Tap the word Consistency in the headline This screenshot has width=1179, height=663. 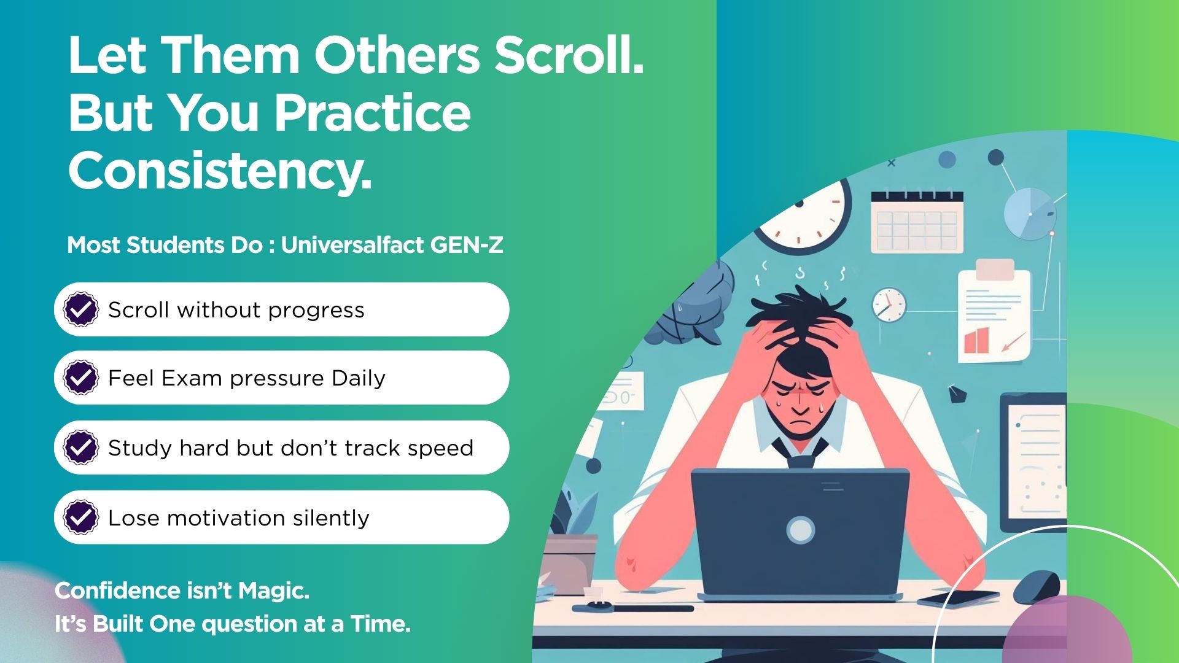220,171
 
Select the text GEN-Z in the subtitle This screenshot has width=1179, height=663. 467,245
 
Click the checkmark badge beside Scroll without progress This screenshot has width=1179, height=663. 81,309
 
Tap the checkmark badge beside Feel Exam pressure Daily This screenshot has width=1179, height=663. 81,378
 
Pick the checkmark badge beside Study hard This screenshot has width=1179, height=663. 81,448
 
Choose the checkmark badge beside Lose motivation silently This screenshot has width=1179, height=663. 81,518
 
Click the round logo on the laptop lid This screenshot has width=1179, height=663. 801,530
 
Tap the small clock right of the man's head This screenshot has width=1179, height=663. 889,304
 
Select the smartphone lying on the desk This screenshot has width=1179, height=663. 958,599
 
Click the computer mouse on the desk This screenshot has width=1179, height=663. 1036,586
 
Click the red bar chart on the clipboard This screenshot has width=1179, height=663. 976,341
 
